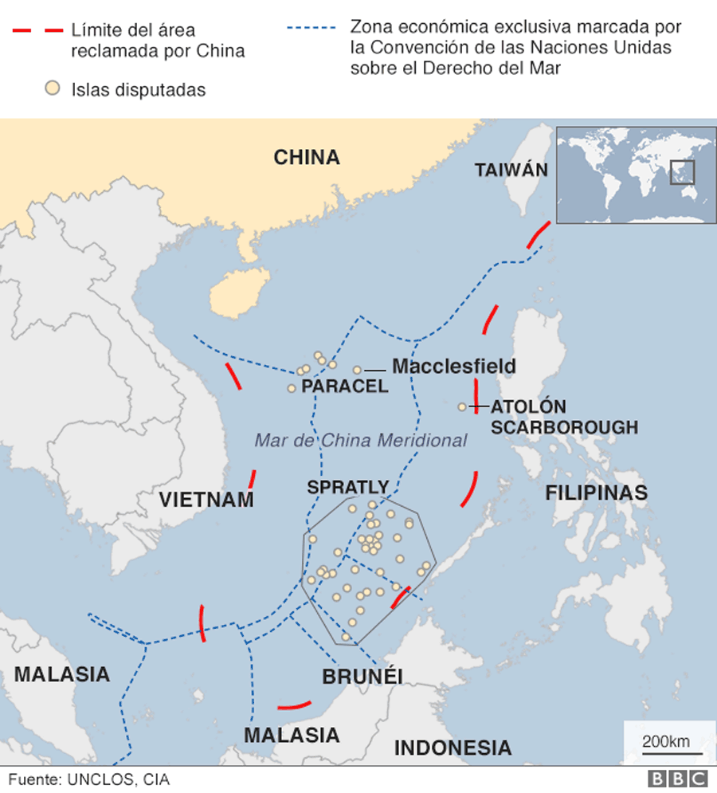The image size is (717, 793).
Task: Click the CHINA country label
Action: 307,157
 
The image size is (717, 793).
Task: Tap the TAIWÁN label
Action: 511,170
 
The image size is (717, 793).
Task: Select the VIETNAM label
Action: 206,501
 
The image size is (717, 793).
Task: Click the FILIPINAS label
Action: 596,493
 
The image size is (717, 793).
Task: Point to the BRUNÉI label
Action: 362,677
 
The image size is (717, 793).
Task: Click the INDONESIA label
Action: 453,748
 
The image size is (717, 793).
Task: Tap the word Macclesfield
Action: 453,367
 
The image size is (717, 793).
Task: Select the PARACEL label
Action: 345,387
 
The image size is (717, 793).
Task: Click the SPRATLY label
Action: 348,487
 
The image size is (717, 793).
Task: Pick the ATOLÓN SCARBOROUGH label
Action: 564,417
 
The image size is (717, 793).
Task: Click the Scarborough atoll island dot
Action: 462,407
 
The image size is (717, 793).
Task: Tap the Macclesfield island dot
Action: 358,370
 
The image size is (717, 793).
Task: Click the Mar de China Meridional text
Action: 360,440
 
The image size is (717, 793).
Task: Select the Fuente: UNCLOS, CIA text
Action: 89,779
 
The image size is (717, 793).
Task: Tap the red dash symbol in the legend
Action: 37,30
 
